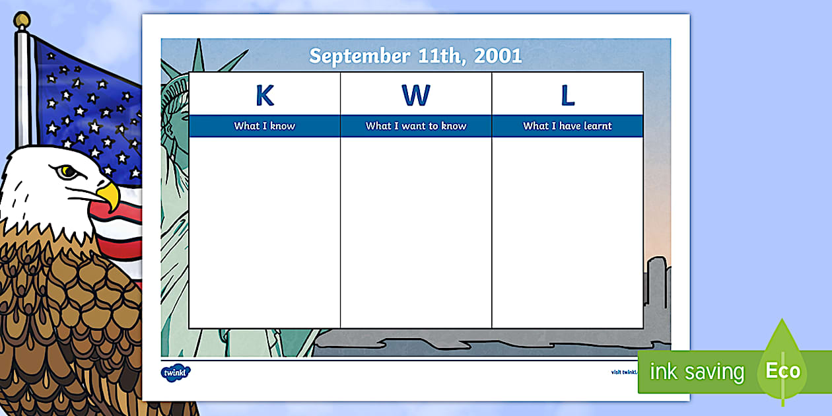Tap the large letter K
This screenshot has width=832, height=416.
pyautogui.click(x=264, y=96)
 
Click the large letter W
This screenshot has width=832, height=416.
pyautogui.click(x=415, y=96)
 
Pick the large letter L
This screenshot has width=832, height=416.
pyautogui.click(x=567, y=96)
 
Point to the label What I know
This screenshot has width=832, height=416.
pyautogui.click(x=264, y=126)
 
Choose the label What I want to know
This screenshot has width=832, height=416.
pyautogui.click(x=416, y=126)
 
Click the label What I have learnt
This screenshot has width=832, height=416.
pyautogui.click(x=567, y=126)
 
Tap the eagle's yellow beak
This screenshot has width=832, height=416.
pyautogui.click(x=109, y=195)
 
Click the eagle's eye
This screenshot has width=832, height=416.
pyautogui.click(x=66, y=172)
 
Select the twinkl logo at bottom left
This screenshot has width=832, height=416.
pyautogui.click(x=176, y=372)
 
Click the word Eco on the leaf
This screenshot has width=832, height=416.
pyautogui.click(x=782, y=370)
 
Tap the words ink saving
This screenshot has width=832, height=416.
pyautogui.click(x=697, y=372)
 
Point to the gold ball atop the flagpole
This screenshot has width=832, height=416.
pyautogui.click(x=22, y=20)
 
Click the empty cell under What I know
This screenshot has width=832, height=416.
pyautogui.click(x=264, y=231)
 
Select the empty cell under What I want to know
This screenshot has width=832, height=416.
pyautogui.click(x=416, y=231)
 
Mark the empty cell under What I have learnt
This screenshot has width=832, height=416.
pyautogui.click(x=567, y=231)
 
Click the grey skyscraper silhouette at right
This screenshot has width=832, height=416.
pyautogui.click(x=657, y=284)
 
